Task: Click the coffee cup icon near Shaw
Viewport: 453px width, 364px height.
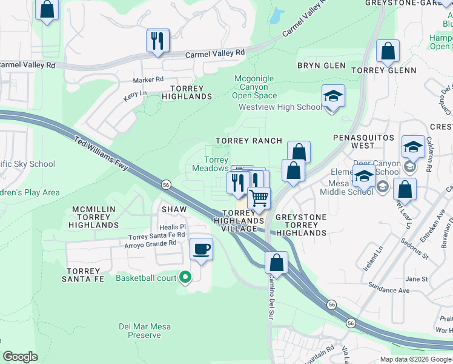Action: pyautogui.click(x=201, y=248)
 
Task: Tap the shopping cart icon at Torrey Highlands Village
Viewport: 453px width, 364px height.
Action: pyautogui.click(x=259, y=198)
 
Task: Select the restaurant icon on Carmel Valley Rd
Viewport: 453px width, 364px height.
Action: pyautogui.click(x=157, y=41)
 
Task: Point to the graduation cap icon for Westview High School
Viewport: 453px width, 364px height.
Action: pyautogui.click(x=332, y=96)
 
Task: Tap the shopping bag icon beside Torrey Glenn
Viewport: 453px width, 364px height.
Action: pyautogui.click(x=388, y=52)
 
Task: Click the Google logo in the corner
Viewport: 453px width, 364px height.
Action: pyautogui.click(x=20, y=357)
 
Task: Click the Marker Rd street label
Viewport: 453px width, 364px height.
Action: pyautogui.click(x=148, y=79)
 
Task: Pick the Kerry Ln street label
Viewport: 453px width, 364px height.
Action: pyautogui.click(x=135, y=94)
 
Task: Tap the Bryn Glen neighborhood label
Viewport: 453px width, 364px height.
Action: pyautogui.click(x=322, y=66)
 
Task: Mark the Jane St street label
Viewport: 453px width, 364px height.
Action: pyautogui.click(x=416, y=279)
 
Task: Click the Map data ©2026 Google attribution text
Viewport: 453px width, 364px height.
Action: pyautogui.click(x=415, y=359)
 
